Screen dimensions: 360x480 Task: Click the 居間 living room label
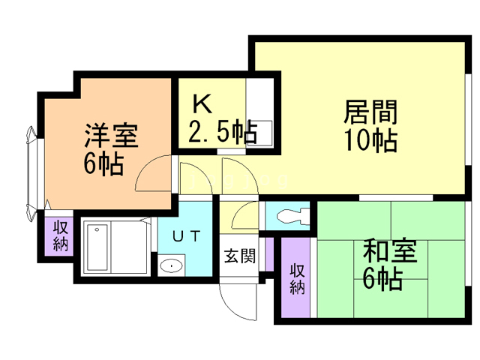point(370,114)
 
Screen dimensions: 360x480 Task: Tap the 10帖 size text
point(370,140)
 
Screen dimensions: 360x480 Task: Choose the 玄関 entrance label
point(239,255)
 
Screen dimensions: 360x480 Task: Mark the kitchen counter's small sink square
point(260,130)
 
